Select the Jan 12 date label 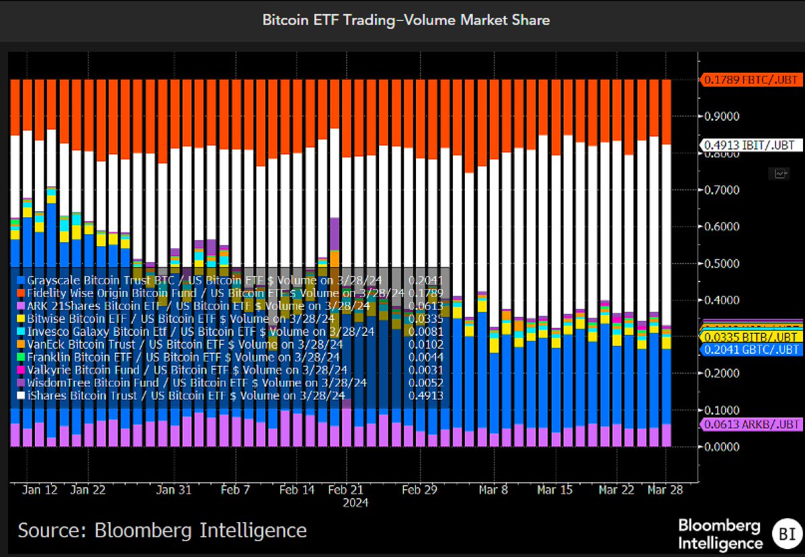click(40, 490)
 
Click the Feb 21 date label click(350, 490)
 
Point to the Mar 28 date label click(664, 490)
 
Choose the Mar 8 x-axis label click(494, 490)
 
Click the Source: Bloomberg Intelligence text click(162, 531)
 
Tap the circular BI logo click(784, 534)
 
